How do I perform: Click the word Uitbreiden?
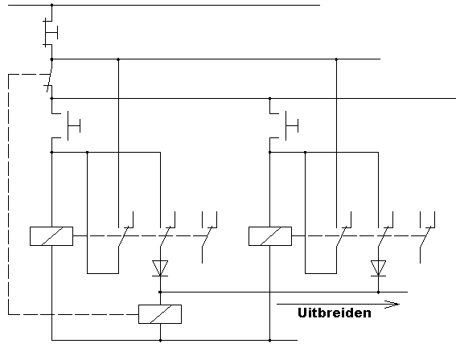[x=335, y=313]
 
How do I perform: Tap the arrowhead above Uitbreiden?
[x=392, y=305]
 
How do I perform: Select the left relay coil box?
[x=51, y=236]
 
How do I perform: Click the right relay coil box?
[x=270, y=236]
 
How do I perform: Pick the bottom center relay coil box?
[x=160, y=314]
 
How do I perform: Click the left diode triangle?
[x=160, y=268]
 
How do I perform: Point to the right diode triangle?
[x=378, y=268]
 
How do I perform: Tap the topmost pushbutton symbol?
[x=50, y=32]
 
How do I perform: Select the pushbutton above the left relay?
[x=66, y=125]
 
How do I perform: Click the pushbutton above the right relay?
[x=284, y=125]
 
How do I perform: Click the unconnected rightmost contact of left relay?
[x=209, y=237]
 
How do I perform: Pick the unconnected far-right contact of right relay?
[x=428, y=237]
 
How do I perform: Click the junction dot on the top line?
[x=52, y=5]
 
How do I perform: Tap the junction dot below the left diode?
[x=160, y=292]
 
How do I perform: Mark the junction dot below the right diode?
[x=378, y=292]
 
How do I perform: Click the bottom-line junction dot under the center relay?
[x=160, y=340]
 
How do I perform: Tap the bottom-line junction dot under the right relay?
[x=270, y=340]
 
